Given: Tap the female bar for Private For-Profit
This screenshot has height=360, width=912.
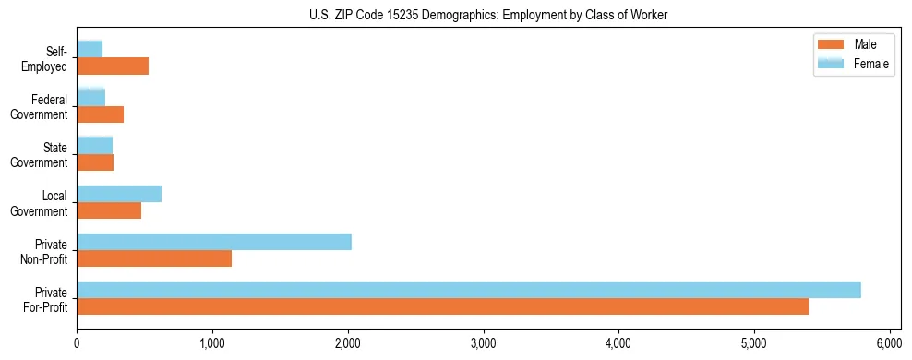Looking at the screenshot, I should tap(468, 290).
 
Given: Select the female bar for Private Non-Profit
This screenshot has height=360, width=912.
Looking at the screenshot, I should tap(213, 242).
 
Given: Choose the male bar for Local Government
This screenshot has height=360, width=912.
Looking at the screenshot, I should tap(108, 210).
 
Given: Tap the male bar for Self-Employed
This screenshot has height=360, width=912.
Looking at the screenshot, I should tap(112, 66).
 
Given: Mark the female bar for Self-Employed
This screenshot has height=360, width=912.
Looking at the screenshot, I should tap(89, 49).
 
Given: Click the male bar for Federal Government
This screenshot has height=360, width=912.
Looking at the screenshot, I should tap(100, 114).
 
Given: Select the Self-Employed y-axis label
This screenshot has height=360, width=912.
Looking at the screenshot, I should tap(46, 58).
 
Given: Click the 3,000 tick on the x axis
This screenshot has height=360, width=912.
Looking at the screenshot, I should tap(483, 344).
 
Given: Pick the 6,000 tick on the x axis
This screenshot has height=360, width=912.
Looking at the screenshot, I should tap(889, 344).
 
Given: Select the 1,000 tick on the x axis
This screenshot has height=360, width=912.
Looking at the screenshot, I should tap(212, 344).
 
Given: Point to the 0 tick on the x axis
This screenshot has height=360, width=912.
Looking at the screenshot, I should tap(77, 344).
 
